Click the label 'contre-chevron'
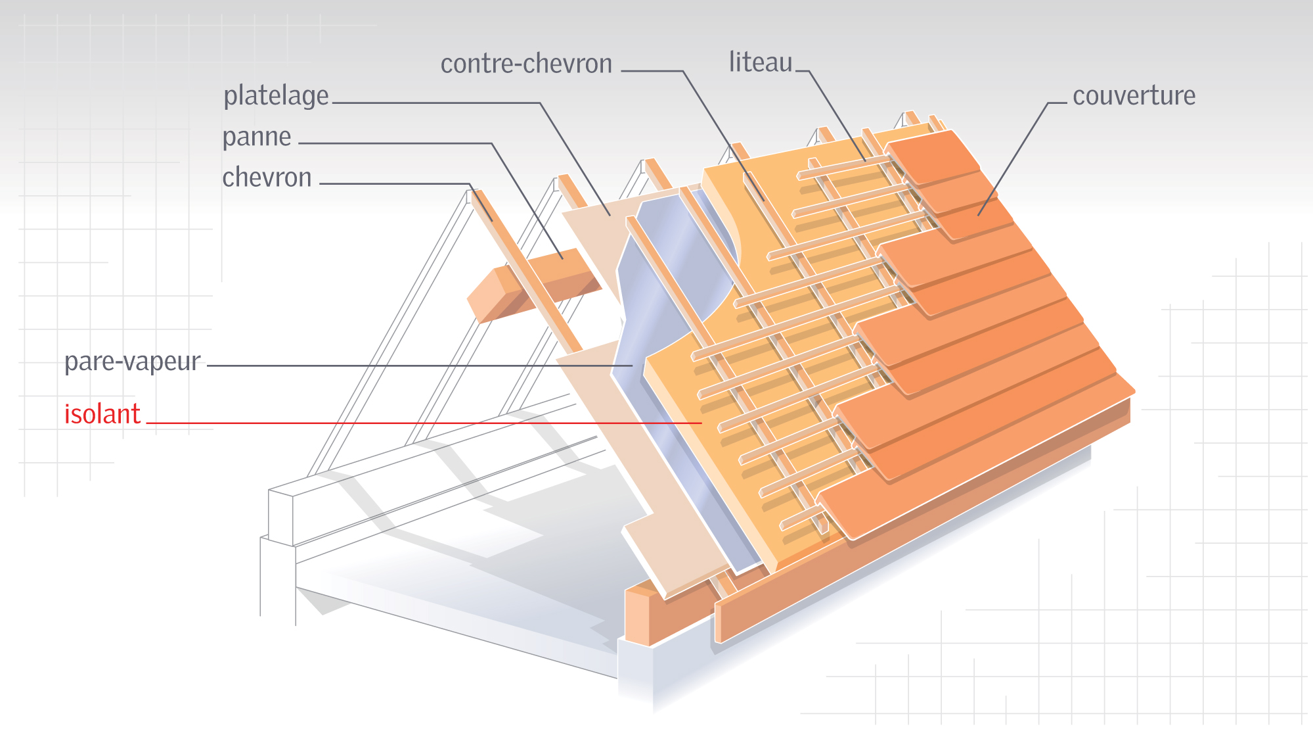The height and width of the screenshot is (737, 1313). (526, 64)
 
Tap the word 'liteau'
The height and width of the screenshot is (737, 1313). (761, 62)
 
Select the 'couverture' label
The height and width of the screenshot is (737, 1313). (1134, 96)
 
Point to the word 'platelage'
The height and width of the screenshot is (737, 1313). (276, 96)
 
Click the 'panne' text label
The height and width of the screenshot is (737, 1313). (256, 137)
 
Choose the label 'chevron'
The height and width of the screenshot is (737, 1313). (267, 178)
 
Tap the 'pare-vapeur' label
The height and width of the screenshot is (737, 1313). (132, 362)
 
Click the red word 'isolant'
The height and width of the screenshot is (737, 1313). (102, 414)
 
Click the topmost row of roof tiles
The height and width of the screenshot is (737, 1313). (933, 158)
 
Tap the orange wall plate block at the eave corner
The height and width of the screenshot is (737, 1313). (637, 618)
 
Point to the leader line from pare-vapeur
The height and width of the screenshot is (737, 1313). (420, 366)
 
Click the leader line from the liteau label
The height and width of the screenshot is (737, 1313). (834, 112)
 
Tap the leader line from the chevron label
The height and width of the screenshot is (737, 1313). (394, 183)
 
